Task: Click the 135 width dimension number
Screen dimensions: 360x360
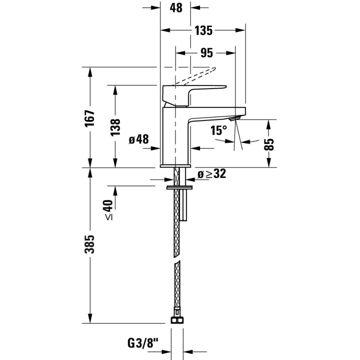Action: [203, 30]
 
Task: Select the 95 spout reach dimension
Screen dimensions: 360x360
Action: [206, 53]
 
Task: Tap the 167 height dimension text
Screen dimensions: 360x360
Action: [90, 118]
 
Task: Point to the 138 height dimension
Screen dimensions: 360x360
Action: [115, 127]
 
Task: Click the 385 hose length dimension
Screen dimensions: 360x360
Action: [90, 244]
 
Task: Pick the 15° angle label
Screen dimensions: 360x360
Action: [218, 130]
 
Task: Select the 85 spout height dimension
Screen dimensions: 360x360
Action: [269, 144]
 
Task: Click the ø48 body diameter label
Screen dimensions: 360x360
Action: [138, 139]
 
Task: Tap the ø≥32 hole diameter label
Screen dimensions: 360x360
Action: [211, 174]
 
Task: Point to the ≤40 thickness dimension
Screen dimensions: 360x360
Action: [109, 210]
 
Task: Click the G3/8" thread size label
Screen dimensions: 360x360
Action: [143, 343]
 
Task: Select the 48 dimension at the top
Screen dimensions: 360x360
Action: [176, 8]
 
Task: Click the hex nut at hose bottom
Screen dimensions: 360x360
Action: [177, 320]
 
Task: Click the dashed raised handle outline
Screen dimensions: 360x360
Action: [195, 76]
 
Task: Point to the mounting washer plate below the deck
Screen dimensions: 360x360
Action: [179, 188]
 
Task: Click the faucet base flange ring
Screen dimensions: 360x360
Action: [175, 166]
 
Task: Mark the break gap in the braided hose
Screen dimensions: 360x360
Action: [176, 258]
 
